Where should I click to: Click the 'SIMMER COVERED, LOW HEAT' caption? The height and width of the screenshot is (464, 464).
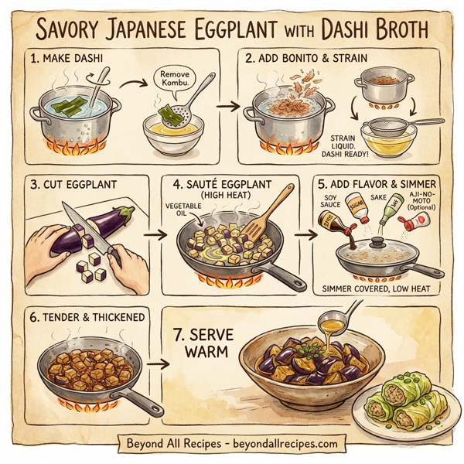tap(378, 291)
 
